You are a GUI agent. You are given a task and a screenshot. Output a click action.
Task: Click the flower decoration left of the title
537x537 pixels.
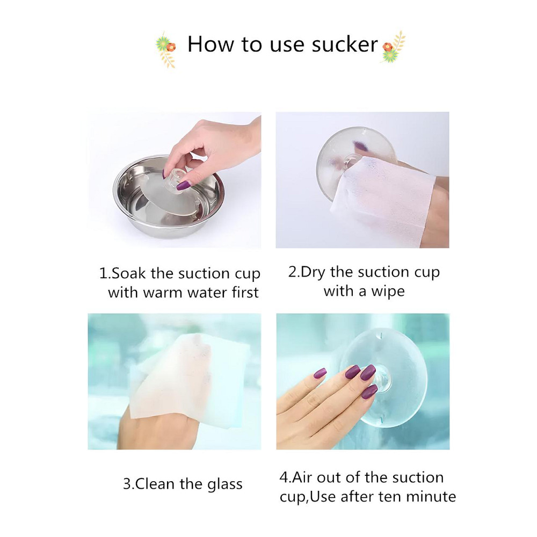(165, 49)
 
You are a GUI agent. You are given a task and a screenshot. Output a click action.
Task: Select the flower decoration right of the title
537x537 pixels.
(393, 47)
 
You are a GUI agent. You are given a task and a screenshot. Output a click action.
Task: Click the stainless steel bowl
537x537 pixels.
(169, 197)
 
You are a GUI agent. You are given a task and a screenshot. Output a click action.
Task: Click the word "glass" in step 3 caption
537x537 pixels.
(224, 484)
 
